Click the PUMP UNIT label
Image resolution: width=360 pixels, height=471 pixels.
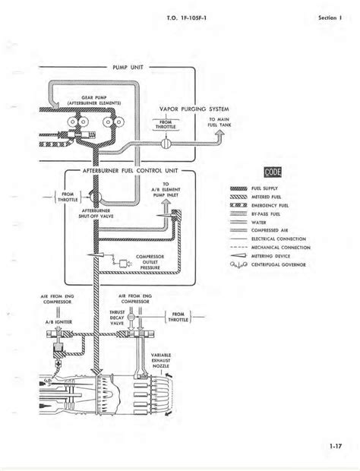127,68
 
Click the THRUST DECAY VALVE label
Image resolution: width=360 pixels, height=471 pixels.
138,317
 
